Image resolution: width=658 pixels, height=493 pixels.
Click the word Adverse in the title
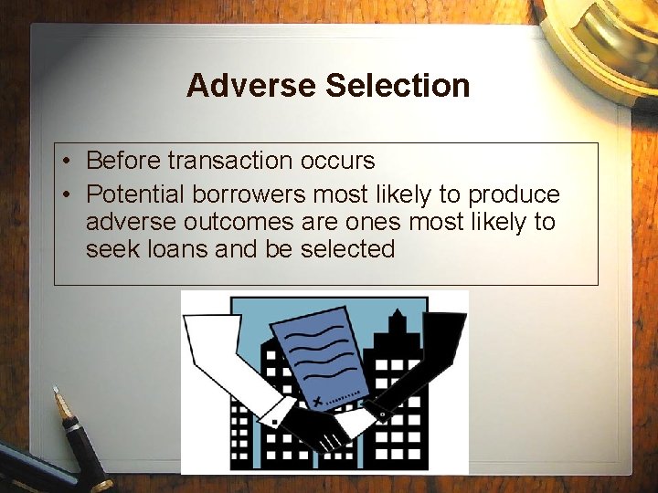(x=251, y=86)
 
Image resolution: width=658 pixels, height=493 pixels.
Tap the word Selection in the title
(x=397, y=86)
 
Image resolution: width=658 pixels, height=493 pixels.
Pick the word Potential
(x=131, y=195)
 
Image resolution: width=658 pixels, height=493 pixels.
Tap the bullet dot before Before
(x=69, y=162)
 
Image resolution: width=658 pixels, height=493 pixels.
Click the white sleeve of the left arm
(x=224, y=365)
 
